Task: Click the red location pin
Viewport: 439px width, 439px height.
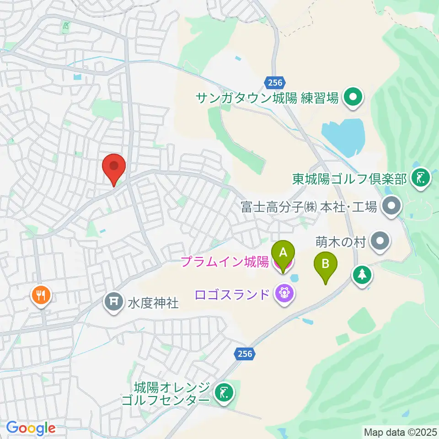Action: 114,168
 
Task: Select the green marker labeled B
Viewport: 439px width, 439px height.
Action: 325,265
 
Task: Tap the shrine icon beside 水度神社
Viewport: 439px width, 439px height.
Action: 113,301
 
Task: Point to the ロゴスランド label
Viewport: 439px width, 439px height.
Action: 231,294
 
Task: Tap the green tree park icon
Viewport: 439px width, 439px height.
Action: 362,275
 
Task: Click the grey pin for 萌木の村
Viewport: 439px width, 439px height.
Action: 380,241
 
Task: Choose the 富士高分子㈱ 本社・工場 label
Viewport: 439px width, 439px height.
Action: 309,207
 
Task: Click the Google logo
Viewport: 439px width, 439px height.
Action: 31,428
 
